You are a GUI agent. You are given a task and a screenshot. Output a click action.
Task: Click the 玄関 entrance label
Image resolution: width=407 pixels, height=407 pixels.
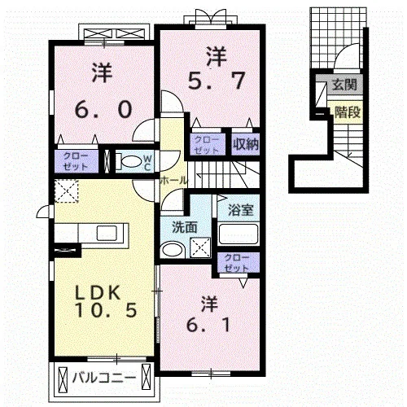[344, 85]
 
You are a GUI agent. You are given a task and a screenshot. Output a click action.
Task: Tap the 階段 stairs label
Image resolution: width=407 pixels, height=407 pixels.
[348, 112]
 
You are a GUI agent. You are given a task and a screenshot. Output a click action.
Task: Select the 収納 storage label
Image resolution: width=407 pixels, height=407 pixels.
[246, 144]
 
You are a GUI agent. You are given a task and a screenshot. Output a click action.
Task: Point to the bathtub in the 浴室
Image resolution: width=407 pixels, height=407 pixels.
[239, 234]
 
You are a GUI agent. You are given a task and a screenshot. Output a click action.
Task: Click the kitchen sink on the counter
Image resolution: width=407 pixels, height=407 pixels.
[107, 232]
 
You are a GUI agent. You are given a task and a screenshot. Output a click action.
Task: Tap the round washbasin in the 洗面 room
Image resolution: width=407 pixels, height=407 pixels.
[172, 250]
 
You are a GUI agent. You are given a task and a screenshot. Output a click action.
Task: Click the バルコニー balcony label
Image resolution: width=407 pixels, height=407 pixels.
[104, 378]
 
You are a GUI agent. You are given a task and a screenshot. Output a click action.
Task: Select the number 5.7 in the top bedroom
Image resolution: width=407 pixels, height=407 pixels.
[217, 81]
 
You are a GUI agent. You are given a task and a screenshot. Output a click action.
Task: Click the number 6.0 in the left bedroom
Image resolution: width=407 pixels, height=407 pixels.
[103, 109]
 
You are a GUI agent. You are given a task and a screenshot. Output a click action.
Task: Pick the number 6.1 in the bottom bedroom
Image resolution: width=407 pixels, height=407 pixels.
[208, 325]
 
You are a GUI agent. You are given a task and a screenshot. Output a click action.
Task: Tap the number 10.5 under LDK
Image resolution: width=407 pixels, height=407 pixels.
[106, 310]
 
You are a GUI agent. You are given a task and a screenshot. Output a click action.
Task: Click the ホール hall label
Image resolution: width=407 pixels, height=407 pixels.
[173, 180]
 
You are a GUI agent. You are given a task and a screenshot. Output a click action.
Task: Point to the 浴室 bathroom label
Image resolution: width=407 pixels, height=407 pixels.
[241, 209]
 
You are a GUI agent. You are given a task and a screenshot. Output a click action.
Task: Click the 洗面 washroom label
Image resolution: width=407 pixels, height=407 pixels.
[185, 228]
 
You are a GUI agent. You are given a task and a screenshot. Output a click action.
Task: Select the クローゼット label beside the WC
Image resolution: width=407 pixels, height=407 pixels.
[76, 161]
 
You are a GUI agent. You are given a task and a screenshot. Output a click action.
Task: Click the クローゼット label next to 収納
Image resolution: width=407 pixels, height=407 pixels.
[207, 145]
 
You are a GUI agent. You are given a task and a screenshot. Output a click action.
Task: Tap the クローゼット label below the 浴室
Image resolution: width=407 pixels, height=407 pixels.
[236, 263]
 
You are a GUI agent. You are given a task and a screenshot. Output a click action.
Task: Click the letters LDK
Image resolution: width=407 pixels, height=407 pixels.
[98, 293]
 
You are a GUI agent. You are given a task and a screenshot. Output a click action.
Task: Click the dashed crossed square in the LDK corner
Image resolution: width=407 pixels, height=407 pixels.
[67, 191]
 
